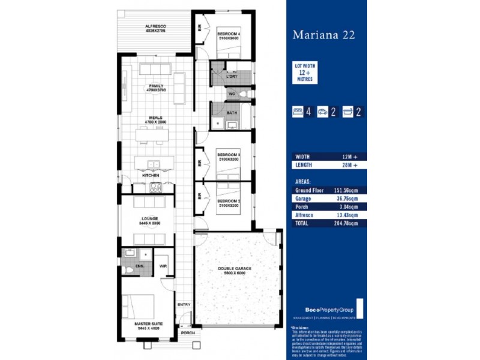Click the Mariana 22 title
tap(323, 35)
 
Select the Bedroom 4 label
tap(229, 34)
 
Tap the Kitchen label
tap(151, 175)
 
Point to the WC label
tap(232, 95)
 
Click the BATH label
tap(232, 112)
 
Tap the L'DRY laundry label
tap(232, 78)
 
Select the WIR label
tap(163, 265)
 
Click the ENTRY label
tap(184, 305)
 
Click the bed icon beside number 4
tap(296, 110)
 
